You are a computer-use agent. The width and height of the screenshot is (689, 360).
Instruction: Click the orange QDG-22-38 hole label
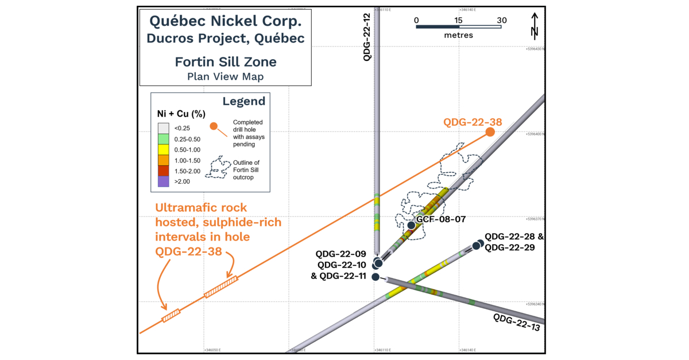pos(472,122)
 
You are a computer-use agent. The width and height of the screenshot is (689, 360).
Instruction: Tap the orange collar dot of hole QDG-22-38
pos(490,132)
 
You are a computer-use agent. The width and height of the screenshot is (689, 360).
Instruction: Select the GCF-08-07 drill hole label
pos(441,219)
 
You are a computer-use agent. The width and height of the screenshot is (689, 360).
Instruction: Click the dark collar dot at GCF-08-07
pos(411,225)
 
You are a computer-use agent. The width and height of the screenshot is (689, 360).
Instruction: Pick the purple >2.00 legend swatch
pos(163,181)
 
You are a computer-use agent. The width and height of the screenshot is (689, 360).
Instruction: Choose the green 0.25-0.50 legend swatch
pos(163,139)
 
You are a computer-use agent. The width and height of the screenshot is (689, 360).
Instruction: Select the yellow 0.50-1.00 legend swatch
pos(163,149)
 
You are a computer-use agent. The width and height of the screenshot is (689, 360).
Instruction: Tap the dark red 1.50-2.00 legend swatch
pos(163,171)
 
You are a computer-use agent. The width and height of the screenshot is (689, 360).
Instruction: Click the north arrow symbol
pos(534,25)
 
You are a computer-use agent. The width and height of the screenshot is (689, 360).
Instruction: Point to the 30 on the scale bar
pos(501,20)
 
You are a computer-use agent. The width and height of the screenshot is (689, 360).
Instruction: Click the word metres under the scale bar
pos(458,36)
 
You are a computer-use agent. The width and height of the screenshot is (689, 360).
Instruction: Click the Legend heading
pos(243,102)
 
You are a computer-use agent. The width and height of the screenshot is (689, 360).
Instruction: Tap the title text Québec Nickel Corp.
pos(225,21)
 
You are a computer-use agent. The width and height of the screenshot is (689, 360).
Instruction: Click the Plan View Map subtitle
pos(225,76)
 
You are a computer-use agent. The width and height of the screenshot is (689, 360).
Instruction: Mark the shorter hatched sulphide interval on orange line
pos(171,315)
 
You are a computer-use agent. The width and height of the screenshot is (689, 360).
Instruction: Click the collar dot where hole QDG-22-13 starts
pos(376,277)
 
